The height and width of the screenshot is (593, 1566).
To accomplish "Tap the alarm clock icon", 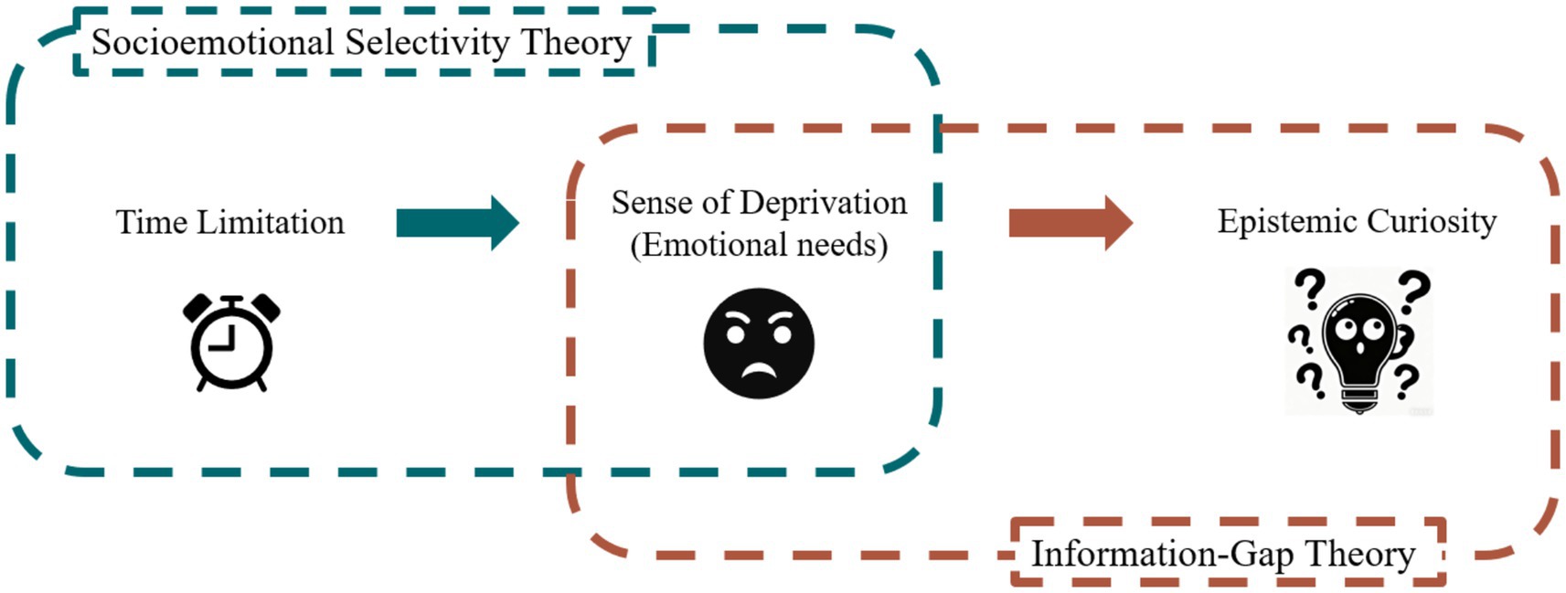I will pos(231,343).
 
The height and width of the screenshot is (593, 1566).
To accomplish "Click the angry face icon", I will pos(758,344).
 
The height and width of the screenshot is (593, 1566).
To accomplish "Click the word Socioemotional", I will pos(213,43).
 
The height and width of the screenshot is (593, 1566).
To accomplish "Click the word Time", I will pos(151,222).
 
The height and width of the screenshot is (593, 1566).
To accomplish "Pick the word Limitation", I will pos(271,222).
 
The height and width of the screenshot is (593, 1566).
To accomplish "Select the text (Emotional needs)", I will pos(759,245).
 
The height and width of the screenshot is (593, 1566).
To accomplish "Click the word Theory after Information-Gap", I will pos(1360,554).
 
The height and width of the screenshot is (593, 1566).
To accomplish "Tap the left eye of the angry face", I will pos(736,334).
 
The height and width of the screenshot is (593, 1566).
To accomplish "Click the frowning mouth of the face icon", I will pos(759,369).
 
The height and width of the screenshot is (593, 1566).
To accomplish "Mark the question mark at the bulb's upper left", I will pos(1310,289).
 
